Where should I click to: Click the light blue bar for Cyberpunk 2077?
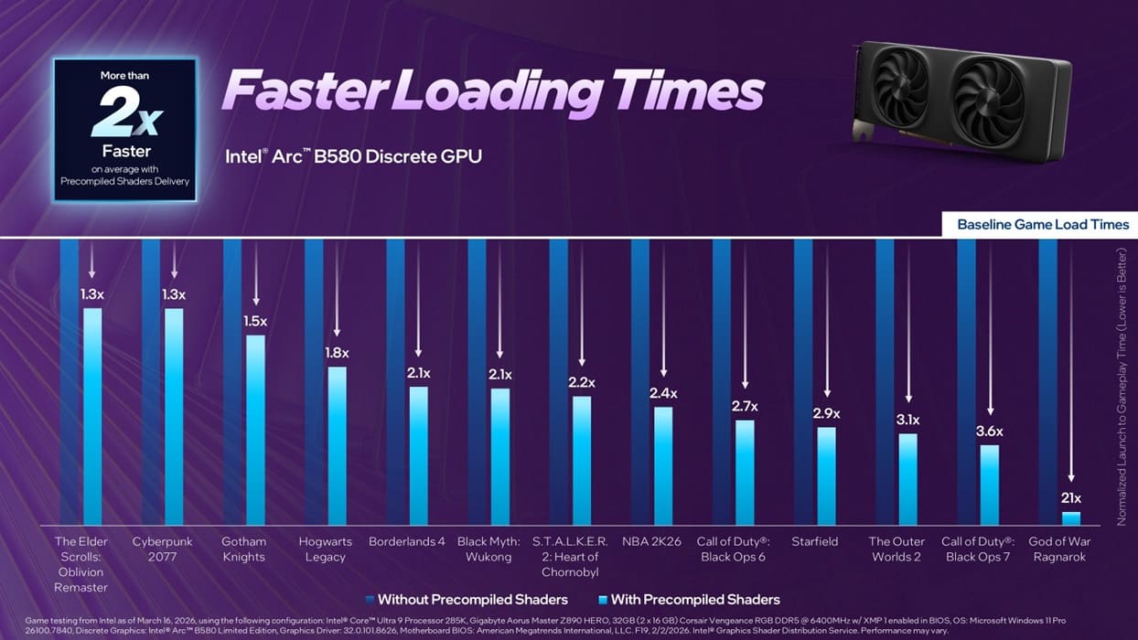(x=174, y=416)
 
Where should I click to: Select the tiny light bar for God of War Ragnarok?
(x=1070, y=518)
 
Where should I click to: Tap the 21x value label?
(x=1070, y=498)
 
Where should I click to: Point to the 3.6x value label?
(x=989, y=432)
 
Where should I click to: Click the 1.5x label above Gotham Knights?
(x=255, y=321)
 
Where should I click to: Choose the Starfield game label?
(x=814, y=541)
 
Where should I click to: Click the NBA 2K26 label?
(x=651, y=541)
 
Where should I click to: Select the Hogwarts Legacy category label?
(x=325, y=549)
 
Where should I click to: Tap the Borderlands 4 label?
(x=407, y=541)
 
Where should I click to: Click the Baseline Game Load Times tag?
(x=1042, y=224)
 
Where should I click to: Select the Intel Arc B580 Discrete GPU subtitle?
(x=353, y=156)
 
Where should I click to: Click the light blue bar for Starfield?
(x=826, y=475)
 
